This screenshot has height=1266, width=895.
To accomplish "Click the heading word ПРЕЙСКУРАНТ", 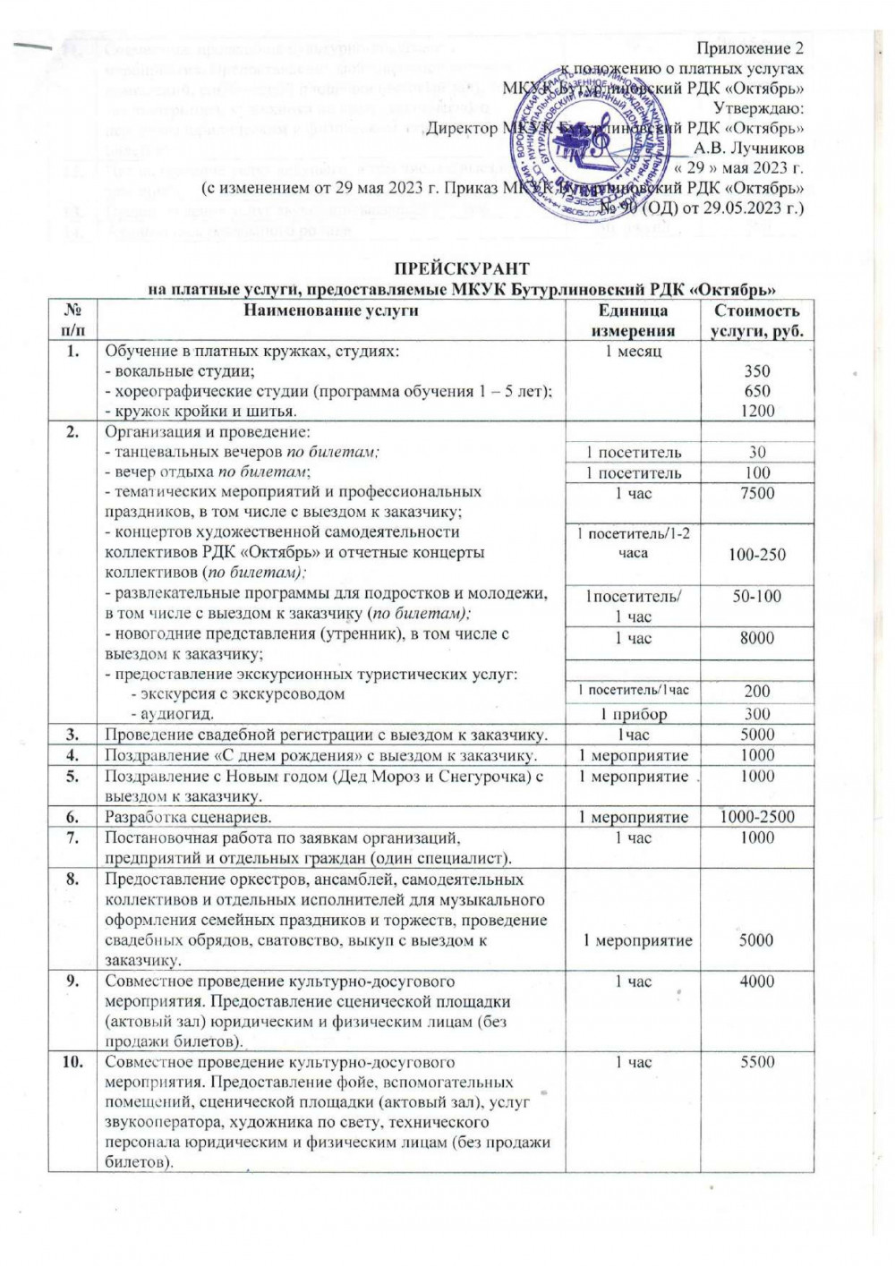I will click(x=462, y=269).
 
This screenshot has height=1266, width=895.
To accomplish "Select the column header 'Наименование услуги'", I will click(x=331, y=310).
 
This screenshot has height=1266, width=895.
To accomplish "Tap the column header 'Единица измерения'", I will click(x=633, y=320).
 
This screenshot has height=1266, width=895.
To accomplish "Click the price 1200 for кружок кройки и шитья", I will click(x=756, y=411).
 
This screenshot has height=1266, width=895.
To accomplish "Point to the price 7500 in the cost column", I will click(x=756, y=493).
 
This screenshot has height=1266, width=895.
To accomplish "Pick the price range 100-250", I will click(x=756, y=555).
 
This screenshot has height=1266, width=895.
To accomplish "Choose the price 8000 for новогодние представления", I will click(x=756, y=638).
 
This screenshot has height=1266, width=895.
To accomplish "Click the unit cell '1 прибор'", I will click(x=633, y=714).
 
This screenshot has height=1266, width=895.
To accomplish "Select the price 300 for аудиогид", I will click(x=756, y=714).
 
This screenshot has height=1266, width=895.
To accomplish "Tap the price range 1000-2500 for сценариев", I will click(x=756, y=816).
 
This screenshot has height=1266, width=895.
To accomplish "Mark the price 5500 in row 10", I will click(x=756, y=1062).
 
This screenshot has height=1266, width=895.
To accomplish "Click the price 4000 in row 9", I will click(x=756, y=981).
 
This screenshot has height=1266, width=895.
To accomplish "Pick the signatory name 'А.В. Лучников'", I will click(x=748, y=148).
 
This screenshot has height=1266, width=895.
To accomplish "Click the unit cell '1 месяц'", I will click(x=633, y=352).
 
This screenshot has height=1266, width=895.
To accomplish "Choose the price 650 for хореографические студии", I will click(x=756, y=391).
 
